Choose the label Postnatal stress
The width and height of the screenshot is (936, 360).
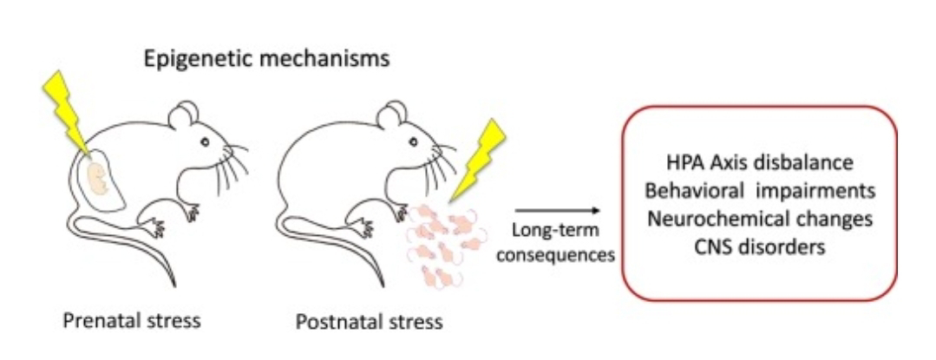370,323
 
